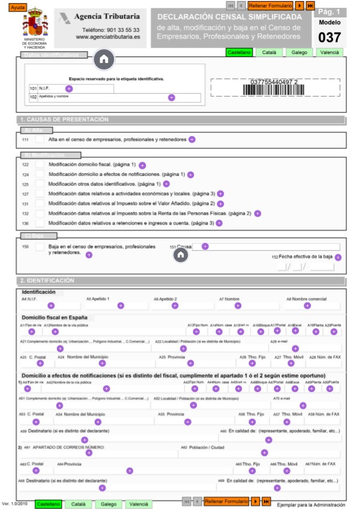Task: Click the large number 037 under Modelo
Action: pyautogui.click(x=329, y=37)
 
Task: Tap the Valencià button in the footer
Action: pyautogui.click(x=138, y=504)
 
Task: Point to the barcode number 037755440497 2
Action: pyautogui.click(x=274, y=82)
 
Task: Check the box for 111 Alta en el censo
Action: pyautogui.click(x=40, y=139)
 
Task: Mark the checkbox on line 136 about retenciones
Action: pyautogui.click(x=40, y=223)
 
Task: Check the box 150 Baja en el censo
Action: pyautogui.click(x=40, y=247)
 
